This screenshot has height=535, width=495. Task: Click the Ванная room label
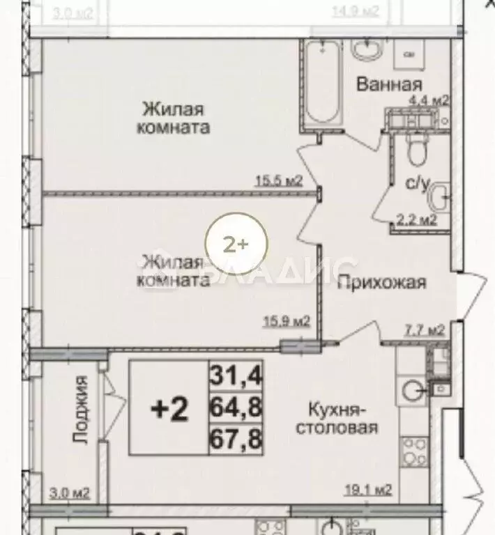pos(389,84)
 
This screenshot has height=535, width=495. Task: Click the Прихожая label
pos(382,282)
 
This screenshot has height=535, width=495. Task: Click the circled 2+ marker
pos(235,244)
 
